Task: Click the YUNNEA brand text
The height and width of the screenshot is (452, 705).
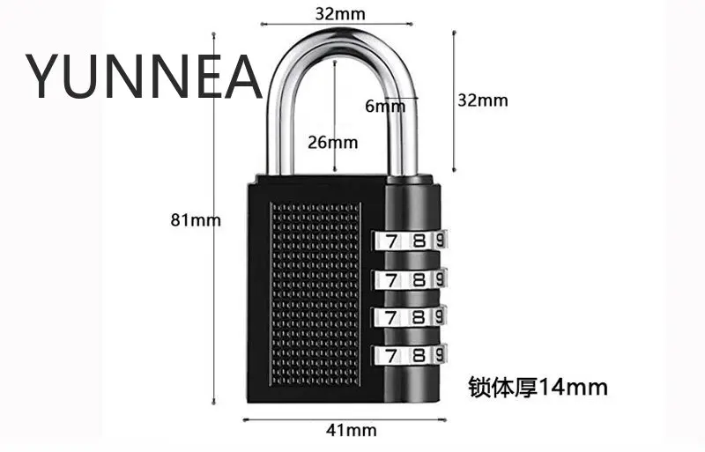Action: coord(144,76)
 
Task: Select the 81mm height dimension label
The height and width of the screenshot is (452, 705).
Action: coord(195,220)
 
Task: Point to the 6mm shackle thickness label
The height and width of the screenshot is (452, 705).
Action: coord(384,106)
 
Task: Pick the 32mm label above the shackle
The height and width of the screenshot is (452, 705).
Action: coord(340,13)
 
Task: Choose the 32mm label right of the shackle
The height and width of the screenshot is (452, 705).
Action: coord(482,100)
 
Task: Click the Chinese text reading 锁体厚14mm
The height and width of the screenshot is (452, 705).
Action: coord(538,386)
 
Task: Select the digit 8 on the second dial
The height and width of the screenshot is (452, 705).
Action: coord(419,280)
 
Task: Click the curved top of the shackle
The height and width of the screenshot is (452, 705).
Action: coord(340,41)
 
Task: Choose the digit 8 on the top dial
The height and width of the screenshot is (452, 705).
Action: coord(419,241)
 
